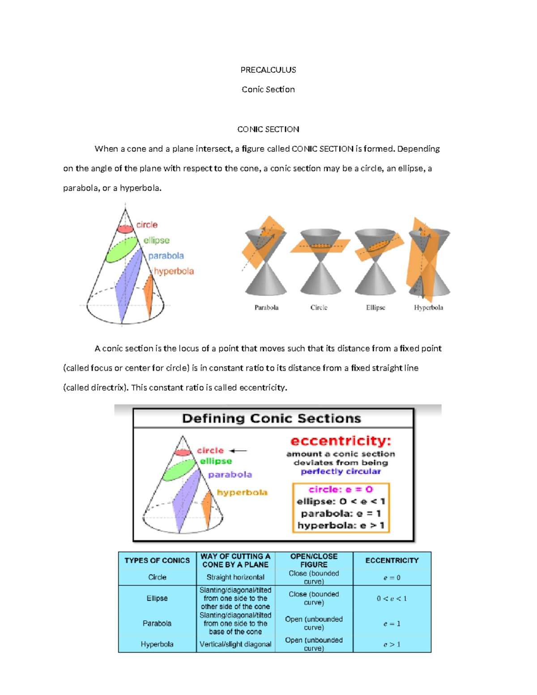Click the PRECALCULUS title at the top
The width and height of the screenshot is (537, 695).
coord(268,70)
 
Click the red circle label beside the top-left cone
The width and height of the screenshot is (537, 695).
coord(147,225)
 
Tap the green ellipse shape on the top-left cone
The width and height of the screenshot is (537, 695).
coord(121,250)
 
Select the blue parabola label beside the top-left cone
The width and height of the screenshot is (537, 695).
coord(166,256)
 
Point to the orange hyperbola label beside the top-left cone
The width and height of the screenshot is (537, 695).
coord(174,271)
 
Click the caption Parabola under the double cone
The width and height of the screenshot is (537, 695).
coord(266,307)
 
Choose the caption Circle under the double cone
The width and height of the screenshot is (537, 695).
coord(319,307)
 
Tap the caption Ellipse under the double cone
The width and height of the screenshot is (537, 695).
coord(375,307)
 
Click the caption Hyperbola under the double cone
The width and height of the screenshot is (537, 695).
coord(428,307)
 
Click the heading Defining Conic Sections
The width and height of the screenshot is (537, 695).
coord(271,418)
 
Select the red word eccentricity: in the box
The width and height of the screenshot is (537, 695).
coord(341,441)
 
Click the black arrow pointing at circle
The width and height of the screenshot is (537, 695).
coord(238,451)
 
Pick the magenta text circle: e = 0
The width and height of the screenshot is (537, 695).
coord(341,490)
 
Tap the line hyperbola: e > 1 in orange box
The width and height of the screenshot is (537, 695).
coord(341,525)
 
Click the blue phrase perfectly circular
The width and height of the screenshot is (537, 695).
coord(341,471)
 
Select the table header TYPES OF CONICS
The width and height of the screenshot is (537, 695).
coord(157,560)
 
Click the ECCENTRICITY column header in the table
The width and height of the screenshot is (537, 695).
coord(392,560)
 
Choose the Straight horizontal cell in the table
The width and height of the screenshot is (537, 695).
coord(235,577)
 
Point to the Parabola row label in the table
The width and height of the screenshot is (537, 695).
coord(157,623)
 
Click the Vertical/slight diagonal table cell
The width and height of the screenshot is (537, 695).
coord(235,644)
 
